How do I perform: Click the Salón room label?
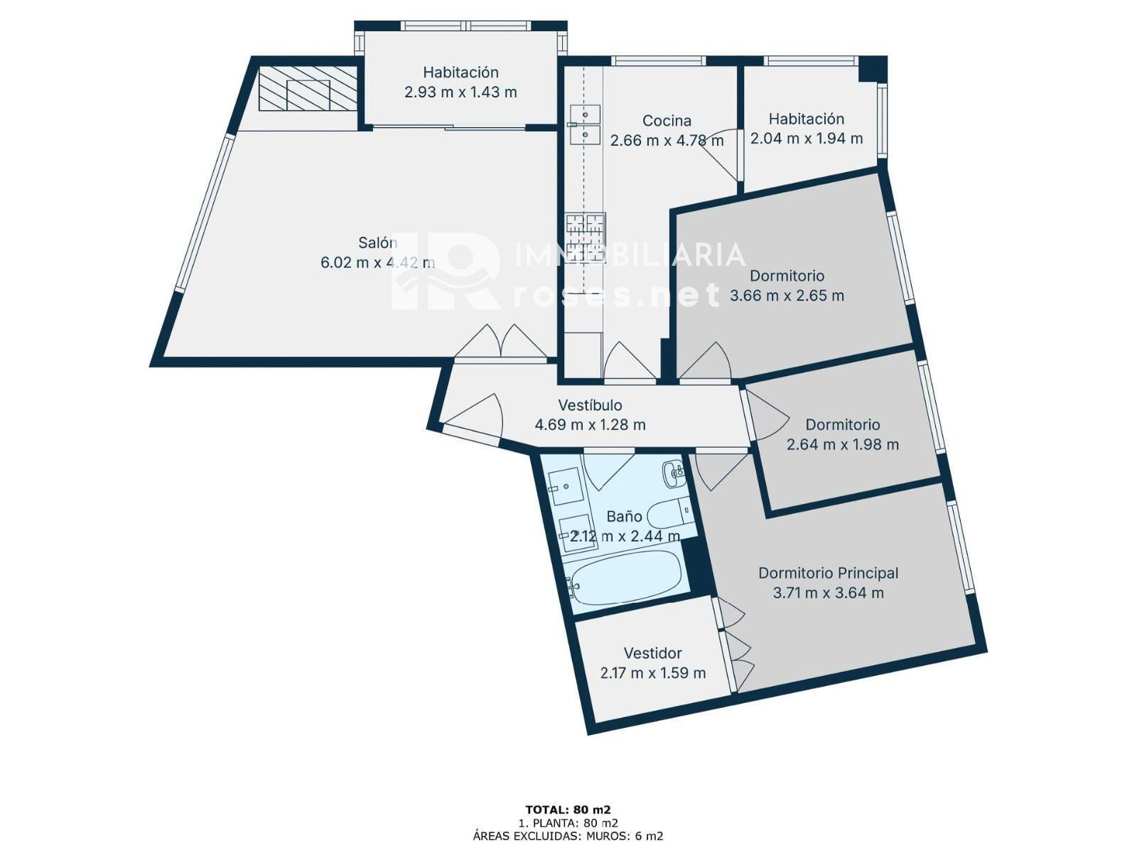click(377, 242)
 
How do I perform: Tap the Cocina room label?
click(666, 121)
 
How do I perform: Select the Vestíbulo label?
click(590, 404)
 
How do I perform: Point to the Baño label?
click(624, 516)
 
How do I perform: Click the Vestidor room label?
click(652, 653)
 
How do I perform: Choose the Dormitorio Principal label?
click(828, 573)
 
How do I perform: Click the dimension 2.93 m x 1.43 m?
click(460, 92)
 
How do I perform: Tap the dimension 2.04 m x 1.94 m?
click(806, 139)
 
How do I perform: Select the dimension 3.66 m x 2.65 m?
click(787, 296)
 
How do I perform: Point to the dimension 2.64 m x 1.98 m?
click(842, 444)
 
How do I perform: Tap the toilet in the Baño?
click(669, 514)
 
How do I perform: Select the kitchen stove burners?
click(586, 238)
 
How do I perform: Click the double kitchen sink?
click(584, 124)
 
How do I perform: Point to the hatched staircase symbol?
click(308, 88)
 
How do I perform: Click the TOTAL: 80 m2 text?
click(568, 810)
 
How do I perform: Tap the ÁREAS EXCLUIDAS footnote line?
click(568, 836)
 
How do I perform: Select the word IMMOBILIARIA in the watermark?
click(630, 254)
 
